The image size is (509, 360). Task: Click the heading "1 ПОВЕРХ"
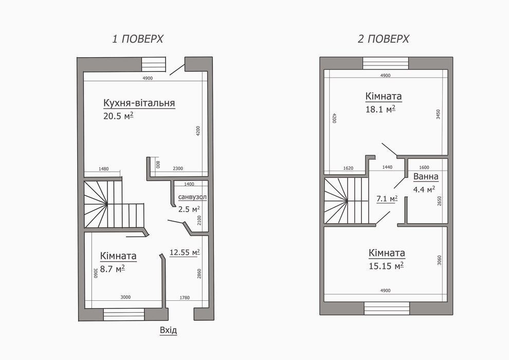point(137,39)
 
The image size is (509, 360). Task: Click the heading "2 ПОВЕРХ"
point(383,39)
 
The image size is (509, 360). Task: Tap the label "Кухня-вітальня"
point(139,102)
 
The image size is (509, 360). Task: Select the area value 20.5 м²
point(118,116)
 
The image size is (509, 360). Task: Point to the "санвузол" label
point(192,197)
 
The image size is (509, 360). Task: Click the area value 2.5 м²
point(189,209)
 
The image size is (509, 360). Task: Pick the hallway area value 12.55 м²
point(185,252)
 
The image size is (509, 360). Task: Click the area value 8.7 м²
point(112,269)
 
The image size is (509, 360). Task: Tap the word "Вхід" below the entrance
point(169,331)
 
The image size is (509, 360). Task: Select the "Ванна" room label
point(426,176)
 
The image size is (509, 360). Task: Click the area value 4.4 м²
point(424,189)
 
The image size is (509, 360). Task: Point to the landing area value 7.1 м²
point(387,199)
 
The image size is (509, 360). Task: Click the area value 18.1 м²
point(380,109)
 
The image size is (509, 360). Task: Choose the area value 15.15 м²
point(386,266)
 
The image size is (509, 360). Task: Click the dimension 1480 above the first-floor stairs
point(103,169)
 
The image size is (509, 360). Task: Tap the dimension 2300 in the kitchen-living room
point(178,169)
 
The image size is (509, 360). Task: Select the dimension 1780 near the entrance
point(185,298)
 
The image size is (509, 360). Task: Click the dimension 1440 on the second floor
point(387,167)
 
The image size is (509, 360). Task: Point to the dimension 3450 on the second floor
point(438,114)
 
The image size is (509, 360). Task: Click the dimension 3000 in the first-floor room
point(125,297)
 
